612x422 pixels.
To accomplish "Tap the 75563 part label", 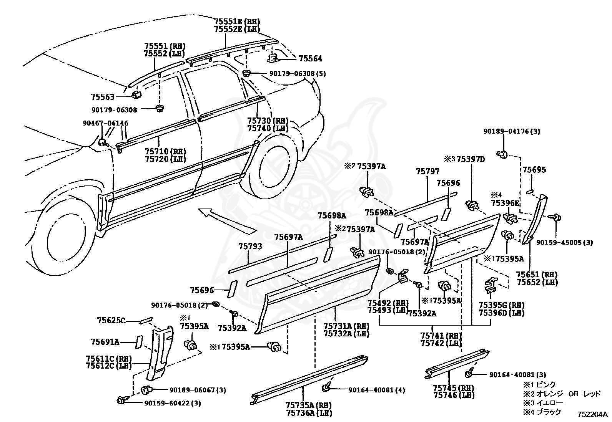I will point(103,97).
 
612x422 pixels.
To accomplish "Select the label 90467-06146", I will point(105,123).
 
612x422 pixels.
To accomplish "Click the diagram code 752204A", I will point(592,415).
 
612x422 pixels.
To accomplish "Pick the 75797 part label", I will point(427,172).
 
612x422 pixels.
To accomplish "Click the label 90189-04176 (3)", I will point(512,132).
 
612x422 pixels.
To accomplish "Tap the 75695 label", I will point(534,170).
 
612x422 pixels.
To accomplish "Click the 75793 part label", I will point(250,246).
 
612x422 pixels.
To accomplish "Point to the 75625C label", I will point(111,320).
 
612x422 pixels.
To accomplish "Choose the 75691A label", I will point(105,341).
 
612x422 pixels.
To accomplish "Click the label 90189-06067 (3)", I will point(198,390).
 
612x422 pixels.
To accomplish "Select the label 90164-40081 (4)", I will point(377,390).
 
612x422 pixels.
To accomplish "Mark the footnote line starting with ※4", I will point(542,411).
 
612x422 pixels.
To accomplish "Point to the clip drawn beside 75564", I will point(272,58).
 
